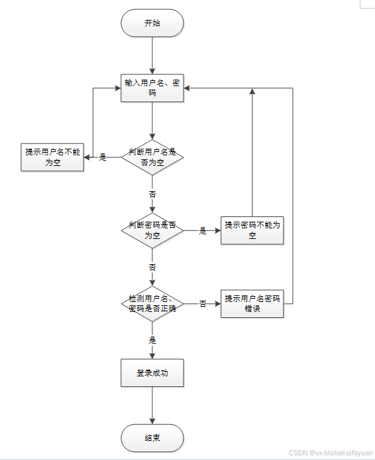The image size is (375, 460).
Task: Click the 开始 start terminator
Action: coord(152,23)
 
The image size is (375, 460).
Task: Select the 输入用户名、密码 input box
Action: coord(152,88)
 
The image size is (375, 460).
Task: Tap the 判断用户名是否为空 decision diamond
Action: coord(152,157)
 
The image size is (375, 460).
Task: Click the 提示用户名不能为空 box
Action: coord(52,157)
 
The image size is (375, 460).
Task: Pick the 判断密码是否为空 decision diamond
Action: coord(152,230)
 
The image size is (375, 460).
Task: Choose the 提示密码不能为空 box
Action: coord(252,230)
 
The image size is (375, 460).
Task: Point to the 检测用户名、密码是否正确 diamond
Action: coord(152,303)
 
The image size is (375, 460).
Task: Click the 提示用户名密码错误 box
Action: coord(252,303)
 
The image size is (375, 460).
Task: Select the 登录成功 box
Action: coord(152,373)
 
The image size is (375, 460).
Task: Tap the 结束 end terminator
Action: coord(152,438)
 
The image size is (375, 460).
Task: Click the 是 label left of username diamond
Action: coord(103,157)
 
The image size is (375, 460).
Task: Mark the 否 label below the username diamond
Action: coord(152,194)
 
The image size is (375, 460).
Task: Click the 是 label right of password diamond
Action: coord(202,231)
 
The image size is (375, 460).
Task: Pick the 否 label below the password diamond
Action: coord(152,267)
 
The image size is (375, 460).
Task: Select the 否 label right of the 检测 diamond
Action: coord(202,304)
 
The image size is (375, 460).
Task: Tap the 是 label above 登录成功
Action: coord(152,340)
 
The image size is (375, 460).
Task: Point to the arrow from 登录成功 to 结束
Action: coord(152,406)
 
